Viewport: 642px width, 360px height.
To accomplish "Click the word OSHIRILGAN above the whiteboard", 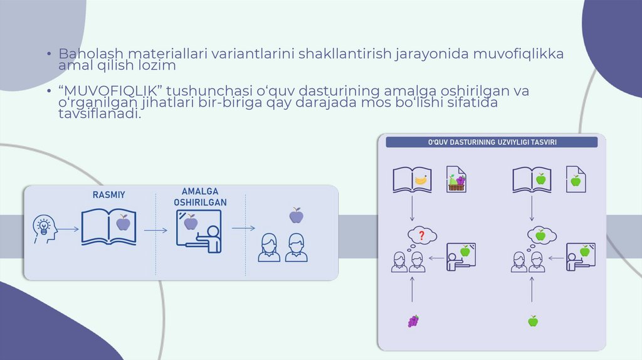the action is coord(201,203).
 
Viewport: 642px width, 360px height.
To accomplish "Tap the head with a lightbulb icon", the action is coord(45,229).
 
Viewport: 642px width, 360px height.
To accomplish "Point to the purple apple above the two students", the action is coord(296,216).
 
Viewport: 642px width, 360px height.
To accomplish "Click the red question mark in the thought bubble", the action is coord(422,236).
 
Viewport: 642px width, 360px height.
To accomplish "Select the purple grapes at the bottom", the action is coord(413,321).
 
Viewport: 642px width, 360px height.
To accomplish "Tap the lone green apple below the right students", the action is coord(532,321).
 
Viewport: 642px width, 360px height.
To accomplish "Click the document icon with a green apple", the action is coord(575,180).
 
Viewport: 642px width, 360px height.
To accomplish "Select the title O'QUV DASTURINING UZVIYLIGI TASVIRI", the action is coord(492,142).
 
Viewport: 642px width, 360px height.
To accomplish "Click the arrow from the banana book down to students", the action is coord(412,209).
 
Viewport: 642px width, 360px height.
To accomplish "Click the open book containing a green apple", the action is coord(532,179).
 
